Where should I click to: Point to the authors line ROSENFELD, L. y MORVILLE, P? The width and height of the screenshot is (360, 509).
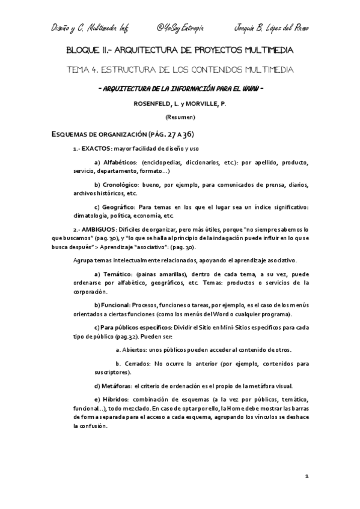coord(180,104)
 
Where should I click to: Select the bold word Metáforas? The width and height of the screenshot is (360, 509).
coord(115,386)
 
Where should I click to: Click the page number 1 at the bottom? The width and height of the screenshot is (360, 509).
coord(307,476)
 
